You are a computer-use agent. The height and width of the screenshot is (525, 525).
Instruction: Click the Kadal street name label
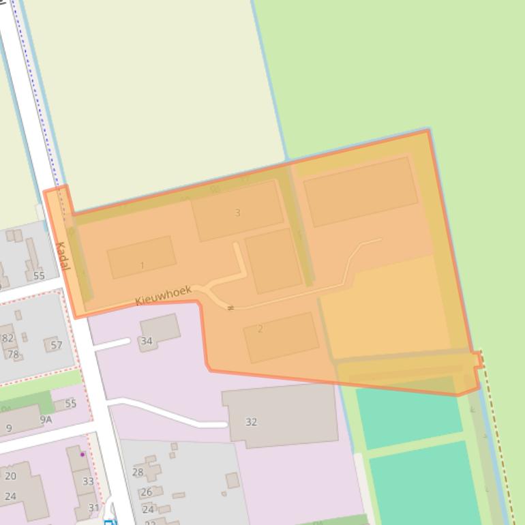pyautogui.click(x=62, y=256)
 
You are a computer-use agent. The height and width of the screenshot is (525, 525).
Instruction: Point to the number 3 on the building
pyautogui.click(x=237, y=213)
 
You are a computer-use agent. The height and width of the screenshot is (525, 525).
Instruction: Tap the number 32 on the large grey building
pyautogui.click(x=251, y=422)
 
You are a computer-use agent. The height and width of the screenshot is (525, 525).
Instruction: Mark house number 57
pyautogui.click(x=57, y=345)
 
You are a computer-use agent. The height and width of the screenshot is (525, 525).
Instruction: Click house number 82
pyautogui.click(x=8, y=337)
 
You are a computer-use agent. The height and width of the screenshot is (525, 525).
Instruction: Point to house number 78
pyautogui.click(x=13, y=355)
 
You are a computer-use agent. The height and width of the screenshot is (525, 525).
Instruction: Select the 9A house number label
pyautogui.click(x=46, y=420)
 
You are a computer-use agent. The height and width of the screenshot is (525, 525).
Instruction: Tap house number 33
pyautogui.click(x=88, y=481)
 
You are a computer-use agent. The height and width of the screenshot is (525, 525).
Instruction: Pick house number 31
pyautogui.click(x=93, y=507)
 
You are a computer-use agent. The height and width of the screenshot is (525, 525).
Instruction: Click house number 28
pyautogui.click(x=138, y=472)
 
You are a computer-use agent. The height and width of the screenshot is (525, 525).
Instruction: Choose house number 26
pyautogui.click(x=147, y=492)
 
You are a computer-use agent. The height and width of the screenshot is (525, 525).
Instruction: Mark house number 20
pyautogui.click(x=10, y=476)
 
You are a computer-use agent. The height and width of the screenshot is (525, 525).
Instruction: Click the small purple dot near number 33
pyautogui.click(x=83, y=454)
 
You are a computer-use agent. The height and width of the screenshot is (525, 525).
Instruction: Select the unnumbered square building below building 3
pyautogui.click(x=273, y=260)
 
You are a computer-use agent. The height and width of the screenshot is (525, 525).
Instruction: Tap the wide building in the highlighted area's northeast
pyautogui.click(x=360, y=191)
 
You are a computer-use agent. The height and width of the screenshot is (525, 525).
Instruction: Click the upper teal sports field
pyautogui.click(x=408, y=411)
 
